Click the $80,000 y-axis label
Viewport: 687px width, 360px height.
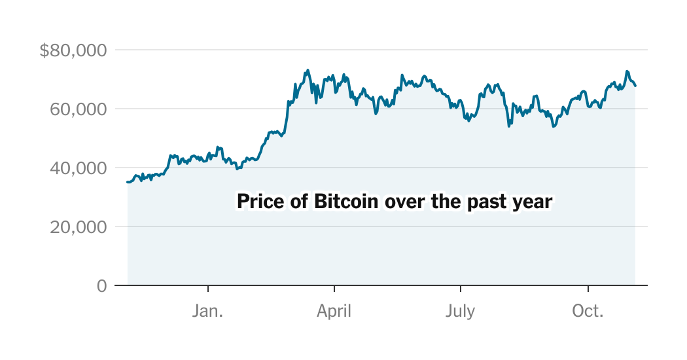click(x=73, y=50)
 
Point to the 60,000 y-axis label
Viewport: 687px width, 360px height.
click(x=78, y=109)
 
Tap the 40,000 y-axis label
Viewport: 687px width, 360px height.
click(x=78, y=168)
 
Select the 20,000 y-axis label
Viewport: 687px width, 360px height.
click(x=78, y=227)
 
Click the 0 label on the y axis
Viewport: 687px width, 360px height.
click(x=101, y=286)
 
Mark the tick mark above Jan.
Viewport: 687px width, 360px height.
click(x=208, y=288)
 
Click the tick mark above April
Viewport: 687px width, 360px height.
click(x=334, y=288)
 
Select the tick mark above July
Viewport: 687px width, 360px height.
click(x=461, y=288)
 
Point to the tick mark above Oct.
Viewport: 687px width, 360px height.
click(x=588, y=288)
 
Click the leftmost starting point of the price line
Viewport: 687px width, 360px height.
click(x=128, y=182)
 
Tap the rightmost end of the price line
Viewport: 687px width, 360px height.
click(x=635, y=86)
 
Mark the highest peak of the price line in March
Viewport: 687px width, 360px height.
click(x=308, y=69)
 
